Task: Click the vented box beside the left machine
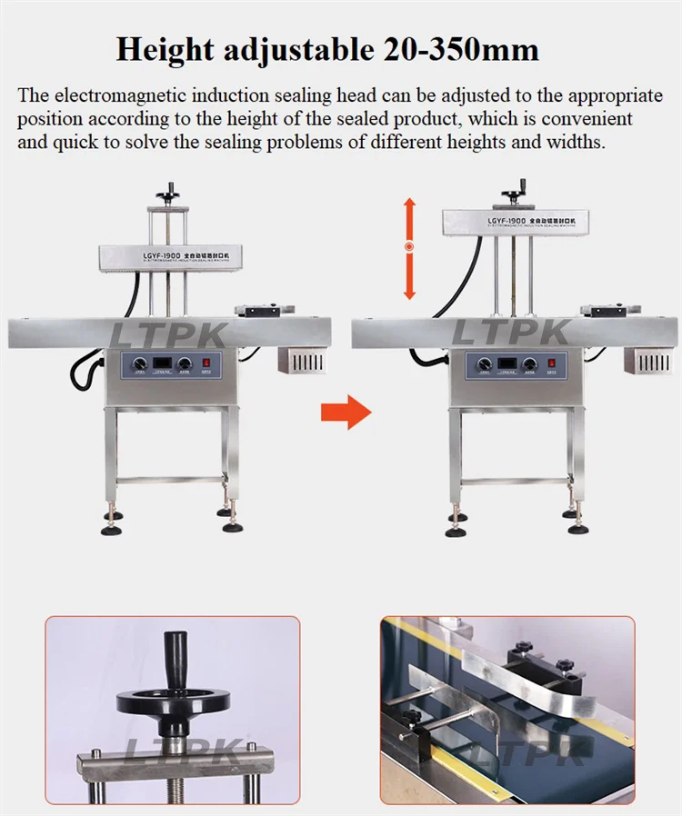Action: [x=302, y=358]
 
